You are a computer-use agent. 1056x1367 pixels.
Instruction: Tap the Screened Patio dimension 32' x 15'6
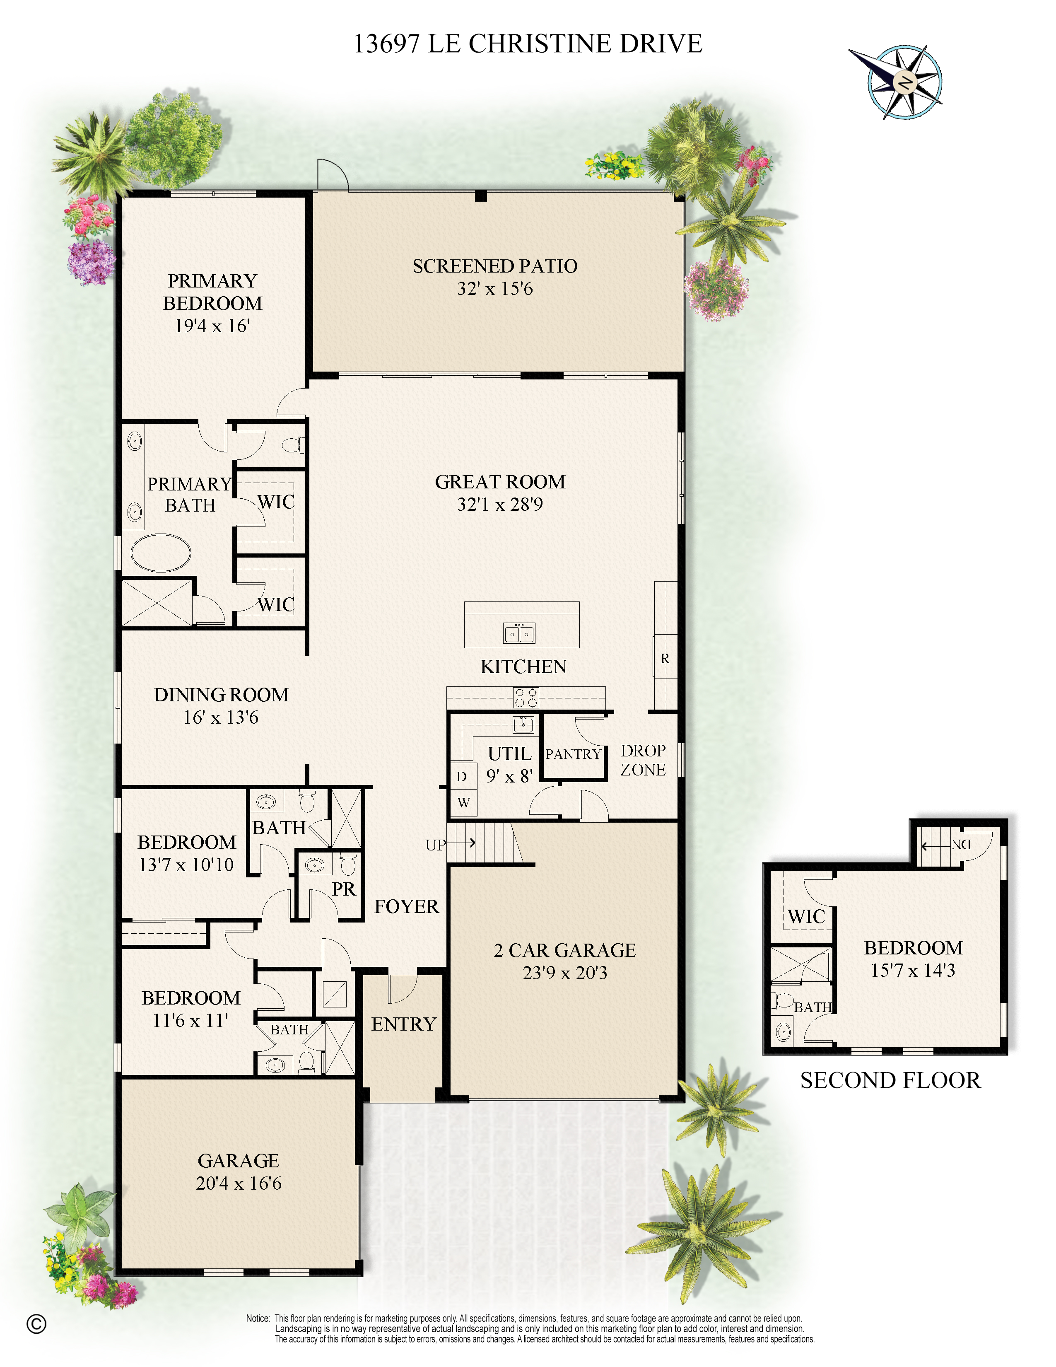(495, 289)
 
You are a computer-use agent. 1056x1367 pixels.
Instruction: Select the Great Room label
(500, 482)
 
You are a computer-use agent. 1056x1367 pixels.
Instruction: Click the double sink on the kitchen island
(519, 633)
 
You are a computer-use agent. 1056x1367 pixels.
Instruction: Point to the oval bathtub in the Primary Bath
(161, 553)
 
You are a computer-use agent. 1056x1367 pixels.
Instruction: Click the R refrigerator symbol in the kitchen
(664, 659)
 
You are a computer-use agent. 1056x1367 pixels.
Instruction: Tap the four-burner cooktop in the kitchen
(526, 697)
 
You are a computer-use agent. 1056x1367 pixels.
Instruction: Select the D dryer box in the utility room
(462, 777)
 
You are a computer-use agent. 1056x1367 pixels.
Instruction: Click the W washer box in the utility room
(463, 802)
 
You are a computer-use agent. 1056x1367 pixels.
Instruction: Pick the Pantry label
(573, 754)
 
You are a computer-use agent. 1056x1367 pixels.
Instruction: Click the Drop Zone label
(643, 760)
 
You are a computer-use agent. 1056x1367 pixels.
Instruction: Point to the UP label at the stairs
(435, 845)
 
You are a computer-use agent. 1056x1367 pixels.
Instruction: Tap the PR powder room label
(343, 889)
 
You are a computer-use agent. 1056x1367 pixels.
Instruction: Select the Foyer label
(407, 906)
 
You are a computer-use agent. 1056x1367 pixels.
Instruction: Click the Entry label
(403, 1024)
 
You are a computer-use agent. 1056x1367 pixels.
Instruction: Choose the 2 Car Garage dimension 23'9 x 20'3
(565, 973)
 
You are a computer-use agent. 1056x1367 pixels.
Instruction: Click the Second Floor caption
(890, 1080)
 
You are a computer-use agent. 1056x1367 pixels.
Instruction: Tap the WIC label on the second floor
(806, 917)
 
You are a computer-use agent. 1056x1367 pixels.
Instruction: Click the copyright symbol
(36, 1324)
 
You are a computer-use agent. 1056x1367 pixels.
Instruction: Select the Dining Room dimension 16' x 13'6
(221, 717)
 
